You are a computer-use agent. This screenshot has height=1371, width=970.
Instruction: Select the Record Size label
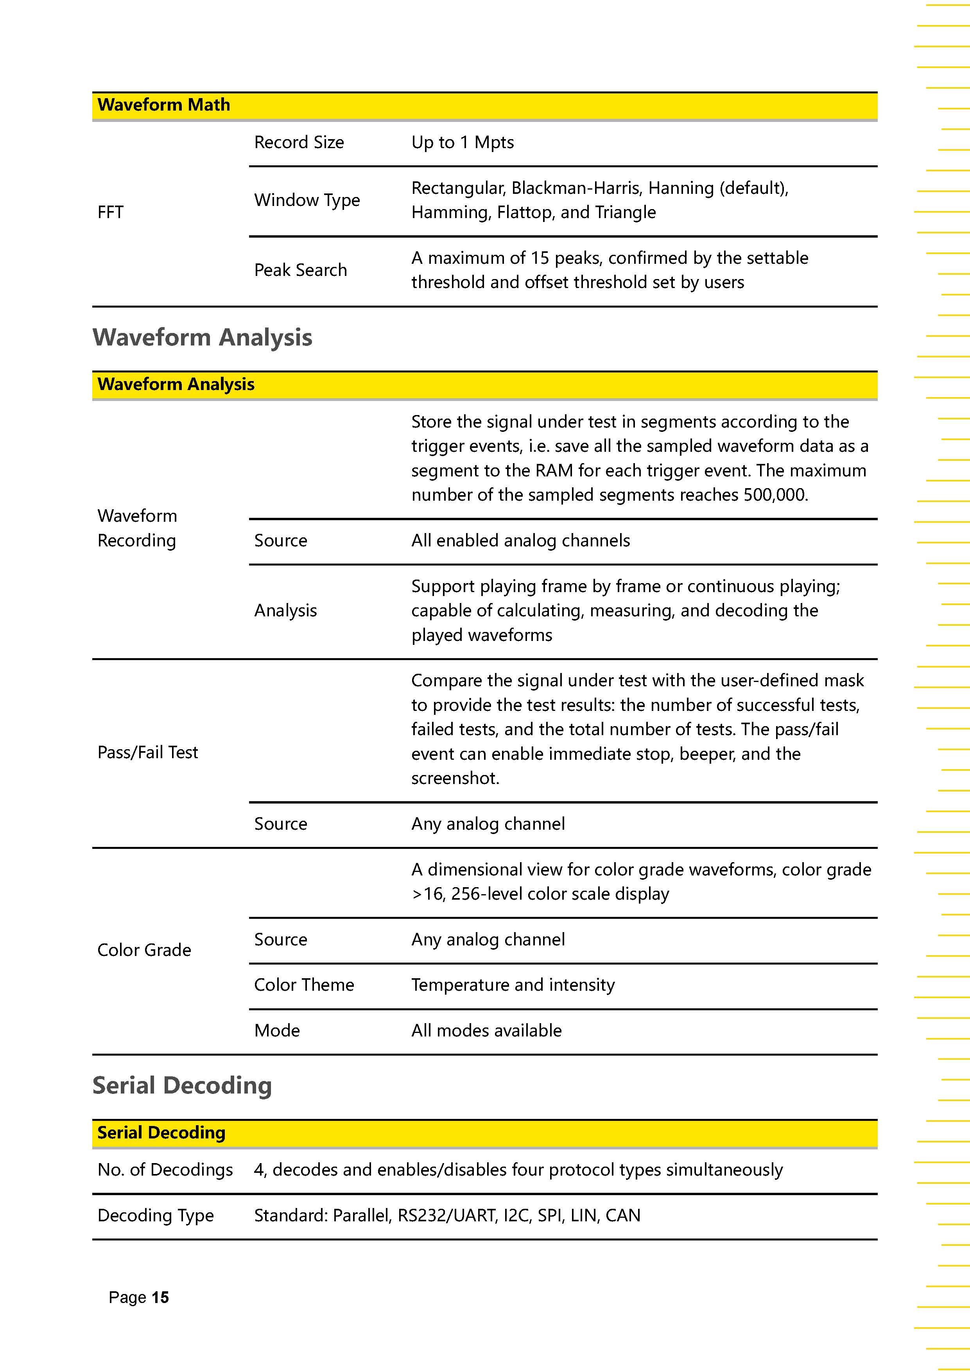pyautogui.click(x=299, y=143)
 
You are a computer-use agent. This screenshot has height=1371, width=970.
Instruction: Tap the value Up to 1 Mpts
pyautogui.click(x=462, y=143)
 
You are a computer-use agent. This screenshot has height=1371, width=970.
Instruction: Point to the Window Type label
pyautogui.click(x=307, y=200)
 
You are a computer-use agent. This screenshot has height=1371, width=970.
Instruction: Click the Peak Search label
pyautogui.click(x=300, y=270)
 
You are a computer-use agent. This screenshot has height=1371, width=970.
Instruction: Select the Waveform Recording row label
pyautogui.click(x=137, y=528)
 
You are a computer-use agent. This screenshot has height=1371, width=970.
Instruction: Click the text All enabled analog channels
pyautogui.click(x=520, y=541)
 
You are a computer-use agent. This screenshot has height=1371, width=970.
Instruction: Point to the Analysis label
pyautogui.click(x=285, y=610)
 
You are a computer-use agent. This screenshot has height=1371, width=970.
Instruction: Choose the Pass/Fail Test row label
pyautogui.click(x=147, y=752)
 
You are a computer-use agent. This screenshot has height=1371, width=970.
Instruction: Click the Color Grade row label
pyautogui.click(x=144, y=950)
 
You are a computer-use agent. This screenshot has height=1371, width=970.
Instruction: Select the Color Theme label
pyautogui.click(x=304, y=984)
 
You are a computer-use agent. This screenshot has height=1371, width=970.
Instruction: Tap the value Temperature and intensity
pyautogui.click(x=513, y=984)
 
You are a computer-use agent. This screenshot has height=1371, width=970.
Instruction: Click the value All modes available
pyautogui.click(x=486, y=1031)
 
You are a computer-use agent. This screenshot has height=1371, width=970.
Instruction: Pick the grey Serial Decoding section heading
pyautogui.click(x=182, y=1086)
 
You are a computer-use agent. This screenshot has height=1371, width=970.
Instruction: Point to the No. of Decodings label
pyautogui.click(x=165, y=1170)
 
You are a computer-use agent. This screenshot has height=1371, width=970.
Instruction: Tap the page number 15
pyautogui.click(x=160, y=1298)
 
